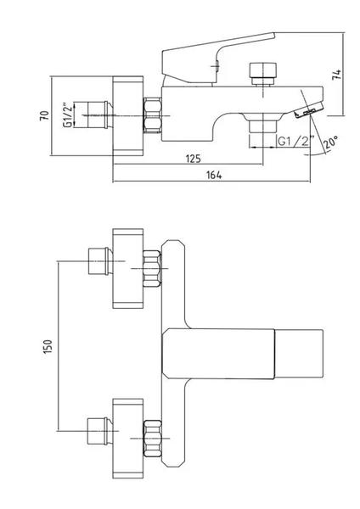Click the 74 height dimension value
(338, 75)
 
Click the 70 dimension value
(44, 115)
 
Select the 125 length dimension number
(194, 159)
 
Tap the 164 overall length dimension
(214, 175)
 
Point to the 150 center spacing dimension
(48, 346)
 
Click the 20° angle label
(330, 142)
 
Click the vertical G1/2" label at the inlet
(67, 115)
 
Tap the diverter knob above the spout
(263, 73)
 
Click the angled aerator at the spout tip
(309, 110)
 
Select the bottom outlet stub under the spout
(262, 126)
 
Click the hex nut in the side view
(152, 115)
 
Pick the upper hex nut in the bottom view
(152, 268)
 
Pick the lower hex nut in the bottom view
(152, 439)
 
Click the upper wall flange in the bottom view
(128, 268)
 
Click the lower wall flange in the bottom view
(128, 439)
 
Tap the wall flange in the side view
(128, 116)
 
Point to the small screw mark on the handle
(216, 65)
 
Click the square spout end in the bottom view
(299, 354)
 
